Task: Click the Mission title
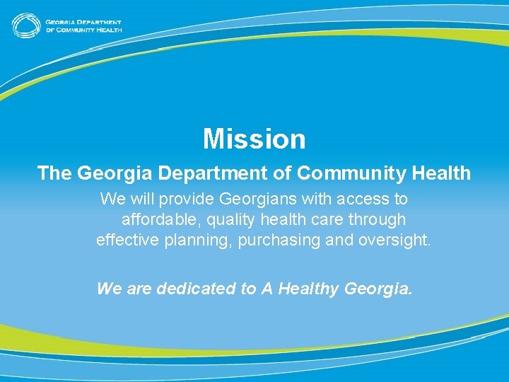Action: click(x=255, y=139)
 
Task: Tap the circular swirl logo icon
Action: click(x=25, y=25)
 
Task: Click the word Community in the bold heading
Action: click(x=343, y=173)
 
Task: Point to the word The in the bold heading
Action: click(x=54, y=173)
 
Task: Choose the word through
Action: click(x=379, y=220)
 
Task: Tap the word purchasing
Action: click(x=279, y=241)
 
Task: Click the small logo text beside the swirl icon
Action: click(x=83, y=25)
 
